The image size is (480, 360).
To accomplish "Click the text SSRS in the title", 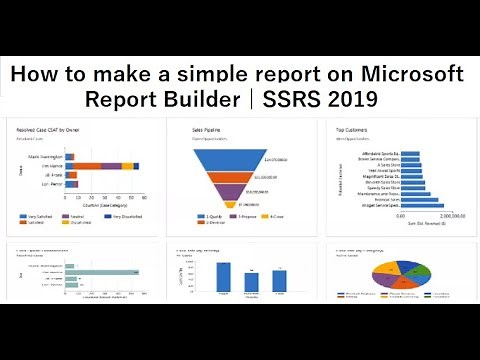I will [x=298, y=99].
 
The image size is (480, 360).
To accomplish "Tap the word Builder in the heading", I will [x=205, y=99].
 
